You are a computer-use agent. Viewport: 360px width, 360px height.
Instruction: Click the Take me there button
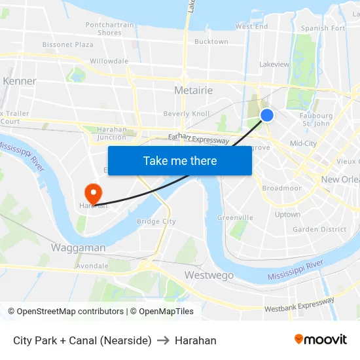tap(180, 161)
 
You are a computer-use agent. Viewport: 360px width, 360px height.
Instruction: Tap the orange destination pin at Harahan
tap(93, 192)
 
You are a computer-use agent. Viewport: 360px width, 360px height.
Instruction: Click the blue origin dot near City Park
tap(267, 115)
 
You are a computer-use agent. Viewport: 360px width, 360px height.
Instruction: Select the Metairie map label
tap(193, 90)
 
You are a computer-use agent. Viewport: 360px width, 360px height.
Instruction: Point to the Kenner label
tap(20, 81)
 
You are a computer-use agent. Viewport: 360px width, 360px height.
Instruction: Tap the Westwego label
tap(209, 276)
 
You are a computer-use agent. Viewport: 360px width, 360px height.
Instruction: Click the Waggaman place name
tap(78, 248)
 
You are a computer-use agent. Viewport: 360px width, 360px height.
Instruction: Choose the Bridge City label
tap(156, 221)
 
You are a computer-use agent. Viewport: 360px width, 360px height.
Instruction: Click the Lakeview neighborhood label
tap(274, 64)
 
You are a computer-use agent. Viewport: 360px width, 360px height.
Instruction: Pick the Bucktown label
tap(211, 42)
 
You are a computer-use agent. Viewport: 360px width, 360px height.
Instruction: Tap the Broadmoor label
tap(281, 188)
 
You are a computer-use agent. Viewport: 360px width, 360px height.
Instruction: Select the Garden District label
tap(319, 229)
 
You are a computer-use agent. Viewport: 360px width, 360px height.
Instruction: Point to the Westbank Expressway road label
tap(300, 304)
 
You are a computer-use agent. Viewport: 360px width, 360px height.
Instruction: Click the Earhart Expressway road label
tap(198, 139)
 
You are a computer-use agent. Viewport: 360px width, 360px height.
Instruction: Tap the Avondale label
tap(92, 266)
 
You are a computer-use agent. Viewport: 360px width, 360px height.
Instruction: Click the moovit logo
tap(320, 340)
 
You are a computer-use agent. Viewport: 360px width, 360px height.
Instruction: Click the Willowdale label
tap(109, 61)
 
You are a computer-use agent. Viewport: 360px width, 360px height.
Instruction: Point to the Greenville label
tap(235, 217)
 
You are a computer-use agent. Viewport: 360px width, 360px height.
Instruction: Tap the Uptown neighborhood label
tap(287, 214)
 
